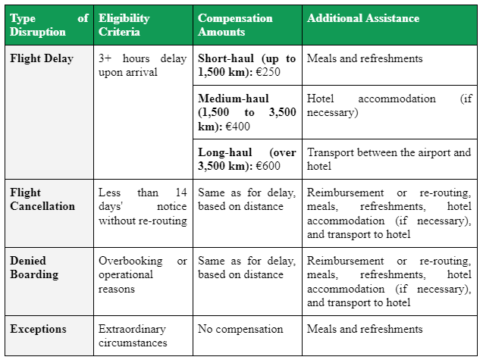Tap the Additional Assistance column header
coord(362,18)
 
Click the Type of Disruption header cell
coord(49,25)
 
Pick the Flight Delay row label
coord(42,58)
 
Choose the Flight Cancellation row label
coord(42,199)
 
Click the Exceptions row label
coord(38,329)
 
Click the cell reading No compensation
coord(240,329)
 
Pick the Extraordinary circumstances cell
coord(133,336)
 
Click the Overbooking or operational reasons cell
coord(143,274)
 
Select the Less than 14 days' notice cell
coord(143,206)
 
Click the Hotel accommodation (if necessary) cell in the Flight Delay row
coord(389,105)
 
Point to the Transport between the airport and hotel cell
coord(389,159)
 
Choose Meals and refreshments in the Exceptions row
coord(365,329)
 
